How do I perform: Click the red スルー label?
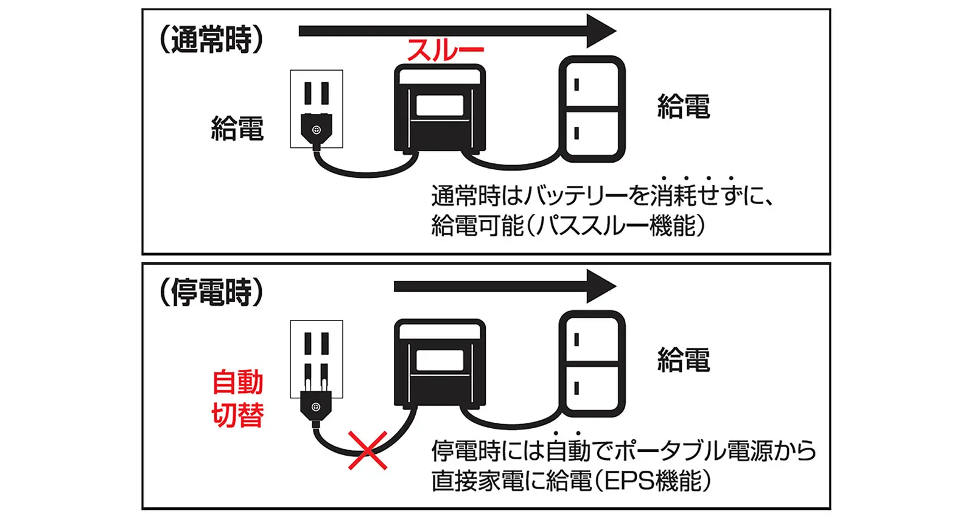[x=445, y=50]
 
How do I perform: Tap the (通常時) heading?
[x=211, y=41]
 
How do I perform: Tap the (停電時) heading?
[x=211, y=293]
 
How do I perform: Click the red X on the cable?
[x=368, y=450]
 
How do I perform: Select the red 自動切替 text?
[x=237, y=399]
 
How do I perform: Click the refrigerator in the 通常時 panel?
[x=592, y=109]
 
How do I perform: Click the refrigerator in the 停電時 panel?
[x=592, y=364]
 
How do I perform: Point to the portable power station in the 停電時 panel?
[x=440, y=363]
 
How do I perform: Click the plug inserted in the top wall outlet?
[x=316, y=129]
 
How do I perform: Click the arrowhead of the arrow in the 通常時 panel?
[x=600, y=31]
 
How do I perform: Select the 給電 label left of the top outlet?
[x=237, y=129]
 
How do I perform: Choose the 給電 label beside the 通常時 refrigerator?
[x=684, y=107]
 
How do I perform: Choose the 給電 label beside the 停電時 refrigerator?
[x=684, y=360]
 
